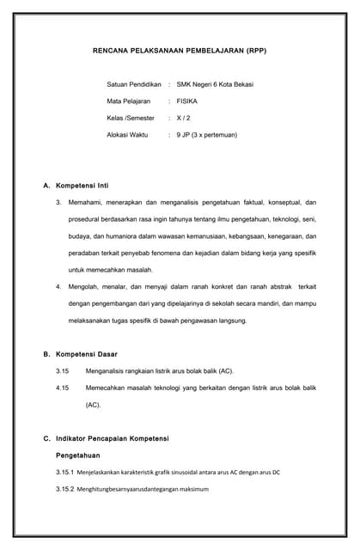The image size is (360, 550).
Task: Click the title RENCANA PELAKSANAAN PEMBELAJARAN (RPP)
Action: [180, 52]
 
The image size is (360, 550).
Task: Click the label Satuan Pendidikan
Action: [134, 84]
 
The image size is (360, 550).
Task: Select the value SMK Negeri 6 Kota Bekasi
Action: [215, 84]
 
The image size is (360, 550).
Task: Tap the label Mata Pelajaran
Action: [129, 101]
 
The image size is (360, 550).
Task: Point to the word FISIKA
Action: [187, 101]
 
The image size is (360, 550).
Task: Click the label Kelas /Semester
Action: [131, 118]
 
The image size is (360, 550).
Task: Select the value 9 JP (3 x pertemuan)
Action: [206, 135]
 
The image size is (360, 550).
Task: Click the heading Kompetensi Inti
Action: [82, 185]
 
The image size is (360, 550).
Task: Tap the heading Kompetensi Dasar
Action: [86, 354]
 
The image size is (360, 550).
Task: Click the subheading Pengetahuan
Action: [78, 455]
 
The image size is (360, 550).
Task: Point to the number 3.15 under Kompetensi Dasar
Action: [62, 371]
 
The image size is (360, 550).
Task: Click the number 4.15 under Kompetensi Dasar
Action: [62, 388]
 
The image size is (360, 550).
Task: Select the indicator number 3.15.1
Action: [64, 472]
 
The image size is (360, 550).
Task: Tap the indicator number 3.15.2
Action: [64, 489]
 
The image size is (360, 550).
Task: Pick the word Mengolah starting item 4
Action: [84, 287]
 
